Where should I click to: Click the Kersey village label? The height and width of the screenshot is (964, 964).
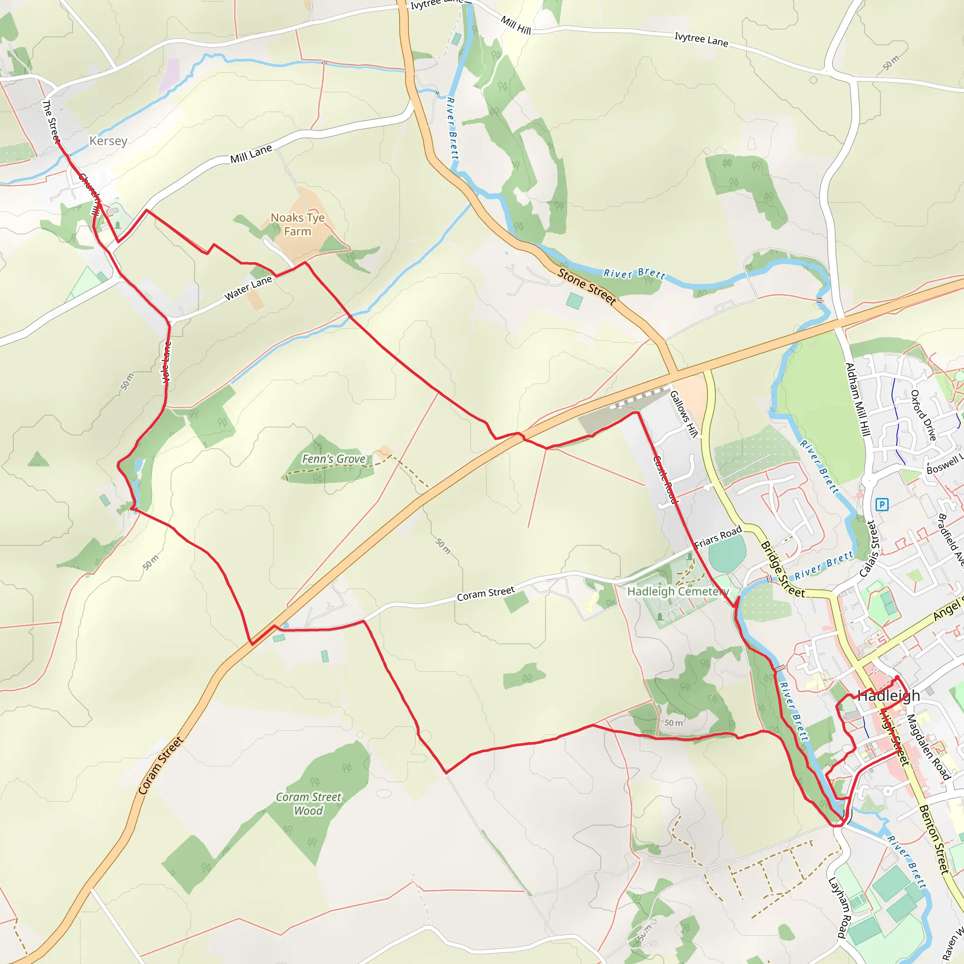[x=108, y=141]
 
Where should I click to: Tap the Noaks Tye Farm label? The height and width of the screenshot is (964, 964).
[x=297, y=225]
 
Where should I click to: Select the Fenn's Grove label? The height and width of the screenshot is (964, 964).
[x=333, y=458]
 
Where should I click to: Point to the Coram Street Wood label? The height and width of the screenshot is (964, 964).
[x=308, y=804]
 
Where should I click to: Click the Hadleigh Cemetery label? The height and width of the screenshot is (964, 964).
[x=678, y=591]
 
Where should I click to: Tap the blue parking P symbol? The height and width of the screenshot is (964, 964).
[x=882, y=505]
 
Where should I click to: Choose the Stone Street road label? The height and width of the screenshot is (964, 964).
[x=587, y=286]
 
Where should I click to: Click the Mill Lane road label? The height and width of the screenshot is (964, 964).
[x=251, y=153]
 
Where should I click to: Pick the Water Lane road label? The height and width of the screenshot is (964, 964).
[x=248, y=289]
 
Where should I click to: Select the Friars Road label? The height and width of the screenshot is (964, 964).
[x=718, y=537]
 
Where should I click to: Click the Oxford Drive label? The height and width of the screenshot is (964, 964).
[x=923, y=415]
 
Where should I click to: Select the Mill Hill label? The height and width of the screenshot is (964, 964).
[x=516, y=25]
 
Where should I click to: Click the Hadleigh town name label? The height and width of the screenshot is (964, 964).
[x=889, y=696]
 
